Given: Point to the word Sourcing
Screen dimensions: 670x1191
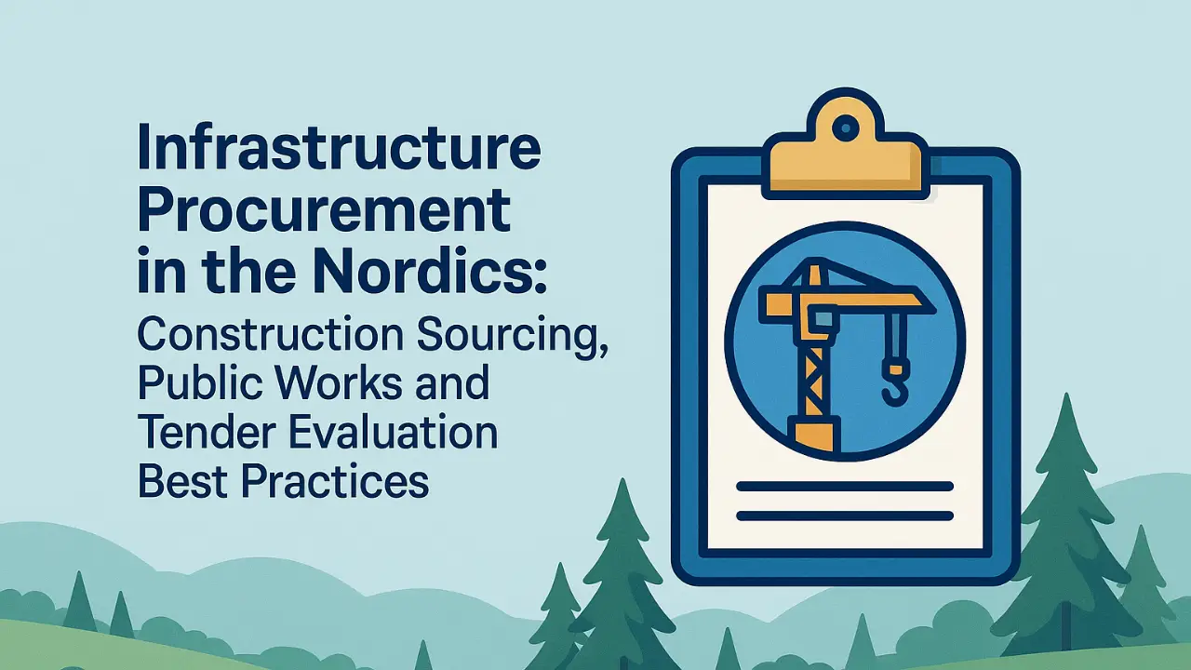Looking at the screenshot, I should [511, 337].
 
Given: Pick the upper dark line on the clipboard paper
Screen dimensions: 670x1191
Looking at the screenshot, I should [844, 486].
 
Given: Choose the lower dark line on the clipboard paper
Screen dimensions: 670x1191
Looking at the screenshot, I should [844, 516].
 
